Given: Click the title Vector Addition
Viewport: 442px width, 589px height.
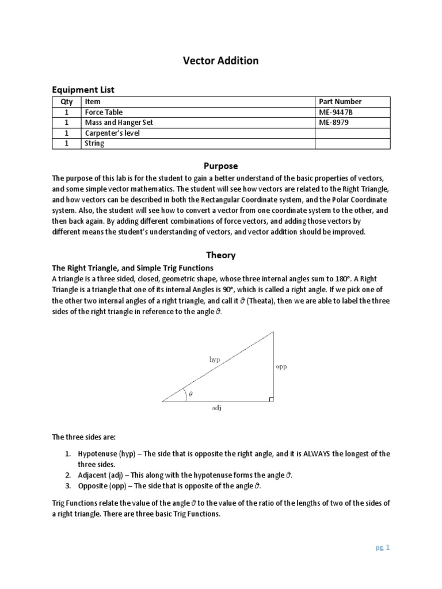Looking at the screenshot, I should pyautogui.click(x=221, y=60).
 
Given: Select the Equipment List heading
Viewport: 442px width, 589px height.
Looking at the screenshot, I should pyautogui.click(x=83, y=90).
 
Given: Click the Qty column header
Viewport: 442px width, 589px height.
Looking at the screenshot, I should pyautogui.click(x=67, y=102).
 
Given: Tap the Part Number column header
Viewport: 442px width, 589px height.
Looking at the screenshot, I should pyautogui.click(x=340, y=102).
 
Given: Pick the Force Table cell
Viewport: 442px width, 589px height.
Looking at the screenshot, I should pyautogui.click(x=104, y=112).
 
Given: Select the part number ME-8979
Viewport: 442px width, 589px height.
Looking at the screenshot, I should pyautogui.click(x=334, y=123).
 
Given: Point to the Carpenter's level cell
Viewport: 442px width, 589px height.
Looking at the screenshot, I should pyautogui.click(x=112, y=133).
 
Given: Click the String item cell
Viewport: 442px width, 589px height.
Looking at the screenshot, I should pyautogui.click(x=94, y=143).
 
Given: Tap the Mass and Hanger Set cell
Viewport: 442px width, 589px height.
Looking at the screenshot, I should pyautogui.click(x=119, y=123).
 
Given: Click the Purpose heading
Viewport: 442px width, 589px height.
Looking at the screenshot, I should pyautogui.click(x=221, y=166).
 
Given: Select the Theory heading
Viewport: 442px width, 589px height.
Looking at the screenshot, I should pyautogui.click(x=221, y=255).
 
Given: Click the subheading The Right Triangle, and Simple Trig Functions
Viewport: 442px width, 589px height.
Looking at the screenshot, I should pyautogui.click(x=133, y=268).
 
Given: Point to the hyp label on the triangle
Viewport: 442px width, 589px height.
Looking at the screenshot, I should pyautogui.click(x=214, y=358).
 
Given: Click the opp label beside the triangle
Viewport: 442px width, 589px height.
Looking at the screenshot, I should pyautogui.click(x=281, y=366).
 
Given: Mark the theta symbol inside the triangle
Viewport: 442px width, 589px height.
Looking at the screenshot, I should pyautogui.click(x=191, y=395).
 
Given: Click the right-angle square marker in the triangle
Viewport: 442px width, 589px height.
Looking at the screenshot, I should pyautogui.click(x=271, y=398).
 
